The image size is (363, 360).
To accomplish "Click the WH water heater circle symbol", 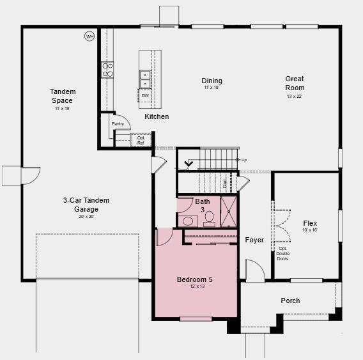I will click(89, 36).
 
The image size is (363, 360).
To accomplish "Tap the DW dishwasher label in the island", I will click(145, 96).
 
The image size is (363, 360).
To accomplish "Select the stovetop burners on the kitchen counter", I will click(107, 69).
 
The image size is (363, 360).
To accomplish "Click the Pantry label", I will click(118, 123).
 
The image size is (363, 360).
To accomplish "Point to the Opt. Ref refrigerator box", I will click(141, 140).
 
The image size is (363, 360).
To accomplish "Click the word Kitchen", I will click(157, 116).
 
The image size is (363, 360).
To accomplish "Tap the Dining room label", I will click(212, 81).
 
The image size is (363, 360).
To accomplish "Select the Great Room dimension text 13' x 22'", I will click(294, 97).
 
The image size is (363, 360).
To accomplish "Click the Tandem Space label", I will click(62, 96).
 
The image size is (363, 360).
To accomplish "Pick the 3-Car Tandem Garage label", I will click(86, 205).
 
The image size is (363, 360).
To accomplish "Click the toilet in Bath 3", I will click(209, 221).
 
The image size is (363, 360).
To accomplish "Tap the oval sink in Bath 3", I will click(189, 221).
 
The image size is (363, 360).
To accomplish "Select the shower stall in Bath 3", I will click(229, 212).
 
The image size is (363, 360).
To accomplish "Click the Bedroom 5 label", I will click(195, 279).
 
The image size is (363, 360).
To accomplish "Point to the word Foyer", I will click(254, 240).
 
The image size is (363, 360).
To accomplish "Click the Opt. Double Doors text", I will click(282, 253).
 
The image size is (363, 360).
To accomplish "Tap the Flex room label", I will click(310, 223).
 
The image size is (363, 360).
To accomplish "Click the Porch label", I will click(290, 301).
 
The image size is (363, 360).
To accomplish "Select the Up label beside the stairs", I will click(243, 160).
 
